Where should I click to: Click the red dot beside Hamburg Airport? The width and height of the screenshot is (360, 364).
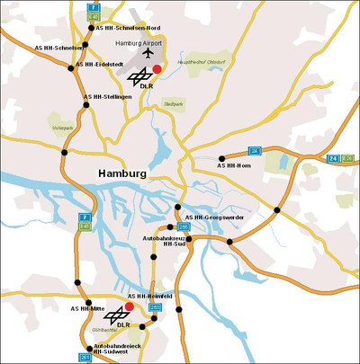[157, 69]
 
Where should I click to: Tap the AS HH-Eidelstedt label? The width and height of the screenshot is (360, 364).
[98, 64]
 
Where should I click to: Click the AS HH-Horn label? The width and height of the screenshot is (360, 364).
[235, 165]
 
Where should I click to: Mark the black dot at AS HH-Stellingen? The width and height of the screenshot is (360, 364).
[86, 105]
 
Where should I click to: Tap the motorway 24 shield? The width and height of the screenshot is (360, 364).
[333, 159]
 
